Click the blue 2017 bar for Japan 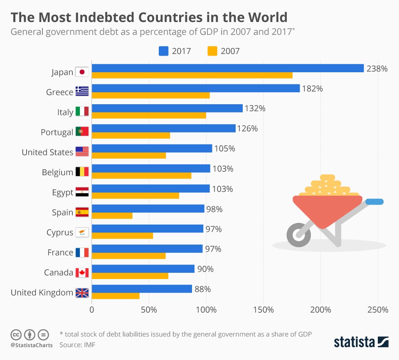(x=227, y=69)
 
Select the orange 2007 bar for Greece (x=150, y=96)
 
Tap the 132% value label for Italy (x=254, y=108)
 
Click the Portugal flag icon (x=82, y=132)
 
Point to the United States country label (x=47, y=152)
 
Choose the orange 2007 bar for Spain (x=112, y=216)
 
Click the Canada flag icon (x=82, y=273)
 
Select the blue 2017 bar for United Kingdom (x=142, y=289)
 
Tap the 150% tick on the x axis (x=263, y=310)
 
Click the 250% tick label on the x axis (x=378, y=310)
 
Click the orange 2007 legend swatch (x=212, y=51)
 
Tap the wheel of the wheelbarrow (x=298, y=235)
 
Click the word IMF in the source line (x=89, y=345)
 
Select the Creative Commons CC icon (x=16, y=334)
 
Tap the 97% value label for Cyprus (x=214, y=229)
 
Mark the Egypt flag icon (x=82, y=192)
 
